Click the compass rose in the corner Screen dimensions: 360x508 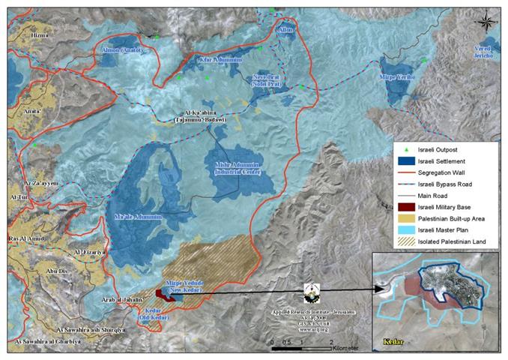pyautogui.click(x=488, y=18)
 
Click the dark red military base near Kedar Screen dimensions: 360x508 pyautogui.click(x=163, y=294)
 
